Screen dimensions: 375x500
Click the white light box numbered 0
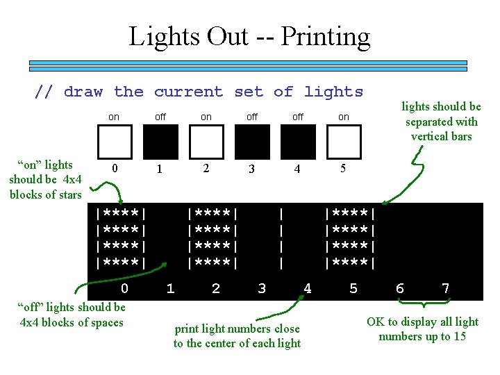[x=115, y=142]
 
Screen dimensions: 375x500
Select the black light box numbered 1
[x=160, y=142]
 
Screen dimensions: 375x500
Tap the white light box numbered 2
[x=206, y=142]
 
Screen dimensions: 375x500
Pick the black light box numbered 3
[x=252, y=142]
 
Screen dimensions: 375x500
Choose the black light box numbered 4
[x=298, y=142]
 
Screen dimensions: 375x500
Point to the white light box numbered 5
[x=344, y=142]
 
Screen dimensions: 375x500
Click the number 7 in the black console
[x=445, y=288]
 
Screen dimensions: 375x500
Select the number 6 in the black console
[x=399, y=288]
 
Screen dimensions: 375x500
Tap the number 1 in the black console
[x=170, y=288]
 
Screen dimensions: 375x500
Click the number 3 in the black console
[x=262, y=288]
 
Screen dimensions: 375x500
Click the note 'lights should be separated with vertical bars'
[x=441, y=122]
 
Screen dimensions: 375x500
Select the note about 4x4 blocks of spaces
[x=72, y=315]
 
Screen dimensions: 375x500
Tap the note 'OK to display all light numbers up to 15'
[x=422, y=329]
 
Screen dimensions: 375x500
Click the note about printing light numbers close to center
[x=237, y=336]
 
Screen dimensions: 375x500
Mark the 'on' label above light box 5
[x=344, y=117]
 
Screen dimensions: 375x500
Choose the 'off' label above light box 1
[x=160, y=117]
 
